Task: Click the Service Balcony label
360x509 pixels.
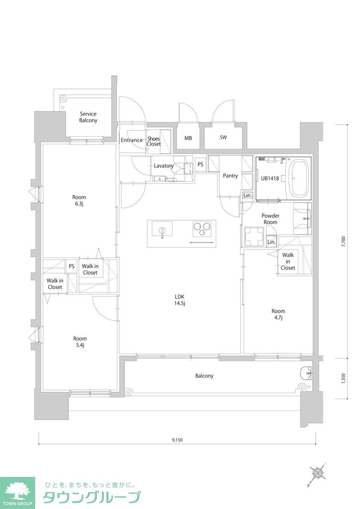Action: point(88,117)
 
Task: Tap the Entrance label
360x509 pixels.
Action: point(132,140)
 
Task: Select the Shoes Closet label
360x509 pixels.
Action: point(154,141)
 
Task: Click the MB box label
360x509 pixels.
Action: point(188,138)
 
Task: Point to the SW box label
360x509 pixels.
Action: point(223,138)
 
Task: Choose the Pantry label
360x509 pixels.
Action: point(230,176)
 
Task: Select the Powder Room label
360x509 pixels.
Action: point(270,219)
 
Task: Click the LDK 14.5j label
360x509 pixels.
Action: point(180,300)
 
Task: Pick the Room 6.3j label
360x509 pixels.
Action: point(79,200)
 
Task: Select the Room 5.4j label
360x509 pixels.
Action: point(80,342)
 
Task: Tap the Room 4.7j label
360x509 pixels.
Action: point(278,315)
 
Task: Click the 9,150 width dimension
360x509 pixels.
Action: point(178,440)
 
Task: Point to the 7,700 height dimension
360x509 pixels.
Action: point(343,242)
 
